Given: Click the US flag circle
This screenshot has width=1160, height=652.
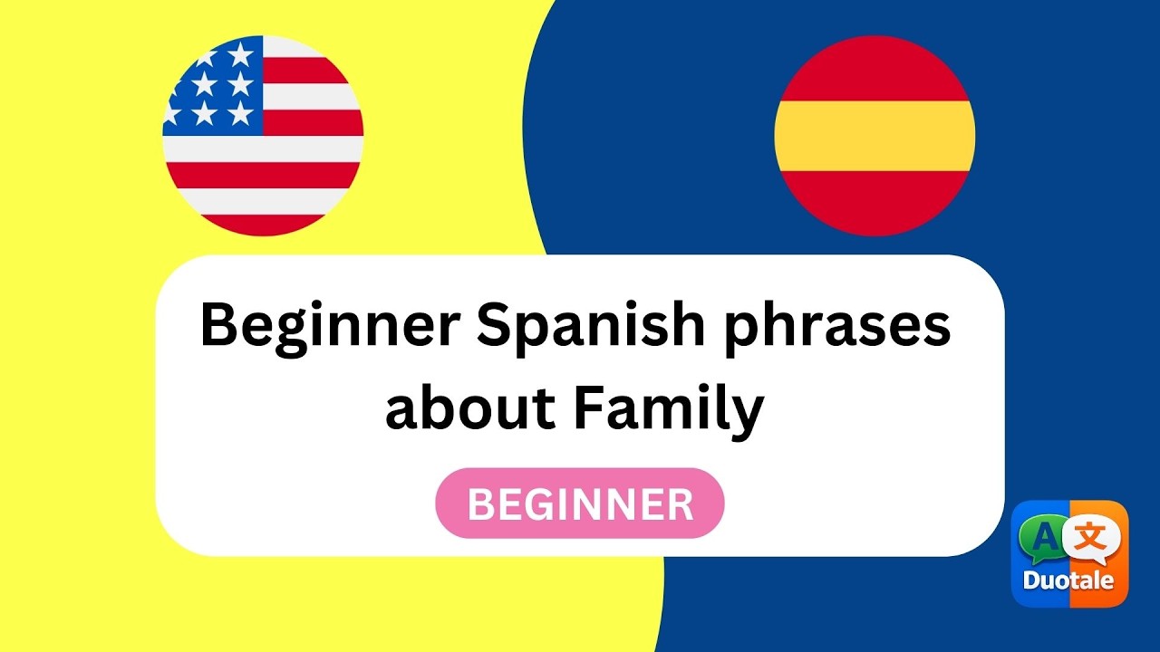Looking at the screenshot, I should (263, 136).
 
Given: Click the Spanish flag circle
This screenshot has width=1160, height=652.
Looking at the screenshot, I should (875, 136).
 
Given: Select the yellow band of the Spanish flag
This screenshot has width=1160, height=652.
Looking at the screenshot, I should (875, 136).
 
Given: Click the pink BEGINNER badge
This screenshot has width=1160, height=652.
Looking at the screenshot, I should (580, 503).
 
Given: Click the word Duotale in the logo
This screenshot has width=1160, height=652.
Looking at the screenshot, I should (1068, 580).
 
